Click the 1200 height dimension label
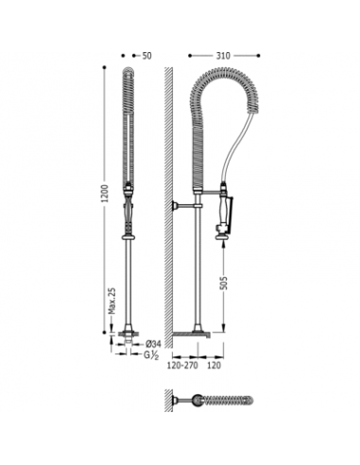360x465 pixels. pos(105,193)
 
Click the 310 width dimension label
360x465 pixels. pos(223,56)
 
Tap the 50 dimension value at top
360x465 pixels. pos(146,56)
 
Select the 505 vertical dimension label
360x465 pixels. pos(223,283)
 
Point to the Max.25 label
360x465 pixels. pos(111,301)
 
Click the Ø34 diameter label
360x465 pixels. pos(153,344)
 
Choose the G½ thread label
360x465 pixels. pos(151,355)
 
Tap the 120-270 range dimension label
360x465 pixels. pos(182,366)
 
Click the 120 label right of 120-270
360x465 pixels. pos(214,366)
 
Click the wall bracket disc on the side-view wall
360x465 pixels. pos(175,206)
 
